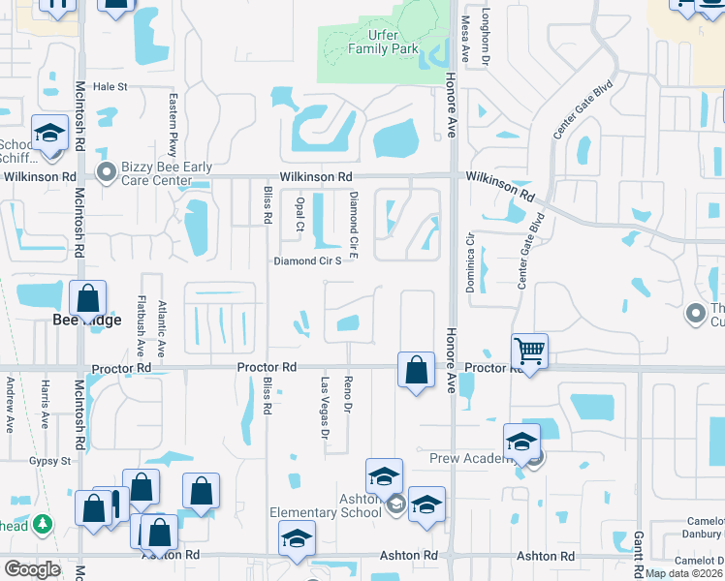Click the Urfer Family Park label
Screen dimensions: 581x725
click(x=384, y=42)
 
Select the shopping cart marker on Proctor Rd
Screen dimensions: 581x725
click(x=530, y=350)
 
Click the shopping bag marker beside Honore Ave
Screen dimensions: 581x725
click(x=416, y=370)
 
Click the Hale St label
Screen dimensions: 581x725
click(x=110, y=86)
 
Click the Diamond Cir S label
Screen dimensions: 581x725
click(x=307, y=260)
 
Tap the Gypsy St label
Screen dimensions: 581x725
click(x=50, y=461)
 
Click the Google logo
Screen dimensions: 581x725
click(x=31, y=569)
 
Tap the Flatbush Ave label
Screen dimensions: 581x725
click(x=141, y=325)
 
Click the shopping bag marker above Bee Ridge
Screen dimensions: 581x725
click(x=88, y=298)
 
